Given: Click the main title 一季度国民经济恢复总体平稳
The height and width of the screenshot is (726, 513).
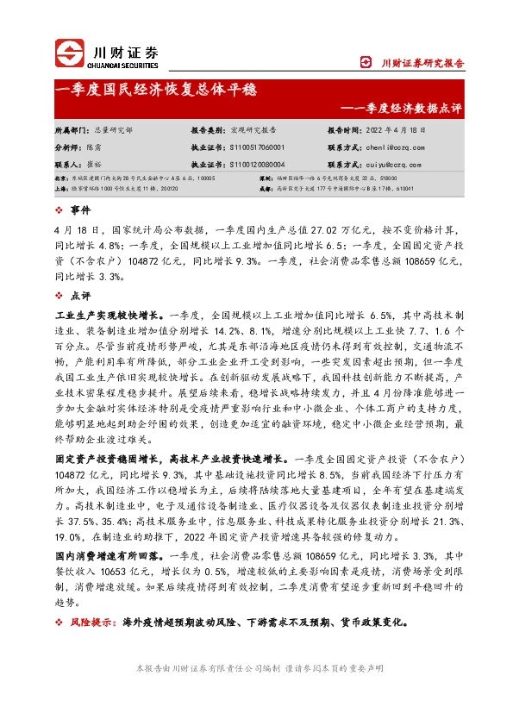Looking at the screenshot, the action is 155,90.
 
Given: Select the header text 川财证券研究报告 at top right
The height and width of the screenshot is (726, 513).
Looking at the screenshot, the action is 422,62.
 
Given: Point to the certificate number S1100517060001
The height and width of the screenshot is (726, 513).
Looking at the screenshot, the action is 260,147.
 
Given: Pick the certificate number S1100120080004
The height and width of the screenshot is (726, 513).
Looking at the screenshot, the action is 260,163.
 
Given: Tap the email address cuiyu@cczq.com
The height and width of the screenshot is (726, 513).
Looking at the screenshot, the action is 389,163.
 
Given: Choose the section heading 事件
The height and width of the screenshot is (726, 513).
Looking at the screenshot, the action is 78,210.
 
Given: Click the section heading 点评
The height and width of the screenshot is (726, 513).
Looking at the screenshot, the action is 78,295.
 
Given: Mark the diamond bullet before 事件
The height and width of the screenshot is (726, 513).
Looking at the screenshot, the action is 59,210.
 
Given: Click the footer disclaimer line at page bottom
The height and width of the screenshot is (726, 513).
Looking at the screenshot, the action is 256,668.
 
